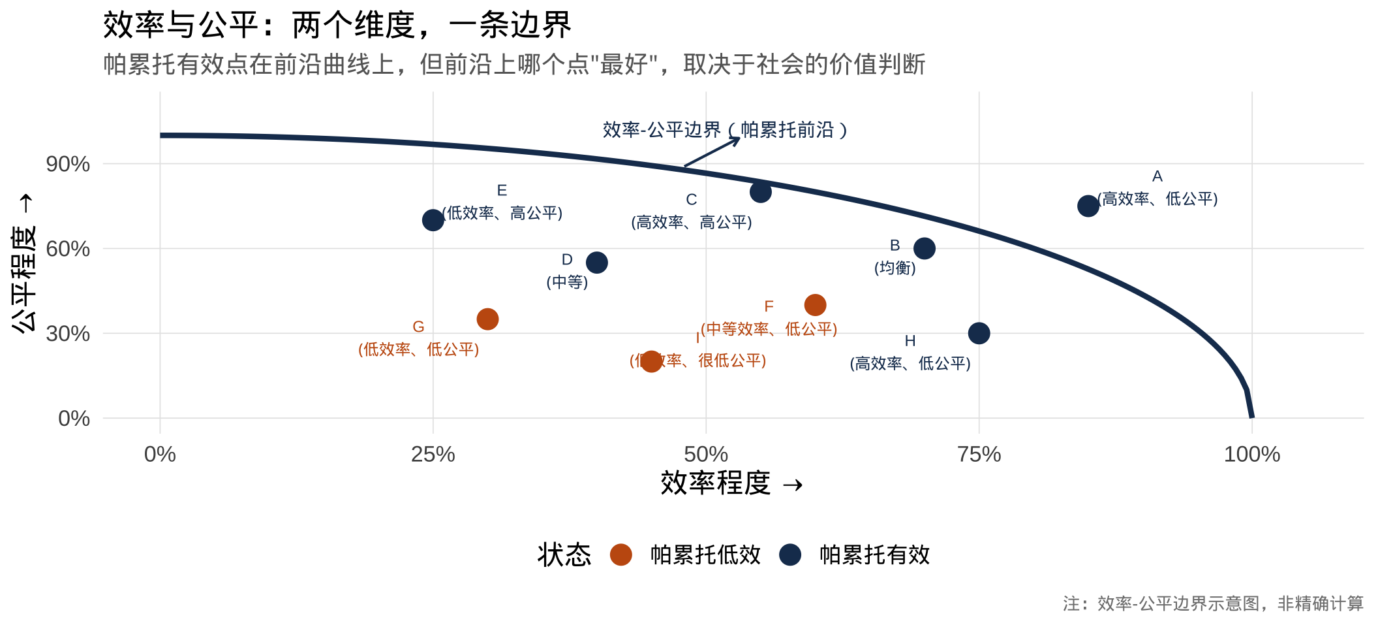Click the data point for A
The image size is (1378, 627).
(1088, 206)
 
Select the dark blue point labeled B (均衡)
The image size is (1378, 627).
(924, 248)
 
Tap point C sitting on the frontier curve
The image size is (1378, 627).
(760, 192)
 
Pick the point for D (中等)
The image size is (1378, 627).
(596, 263)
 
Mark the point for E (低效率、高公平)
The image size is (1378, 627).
(433, 220)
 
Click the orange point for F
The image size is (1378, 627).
(815, 305)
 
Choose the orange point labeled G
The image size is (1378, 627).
(487, 319)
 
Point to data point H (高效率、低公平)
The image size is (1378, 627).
(979, 333)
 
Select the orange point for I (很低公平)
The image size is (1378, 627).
(651, 361)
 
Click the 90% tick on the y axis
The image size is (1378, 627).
(68, 164)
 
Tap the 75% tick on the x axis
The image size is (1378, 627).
(979, 455)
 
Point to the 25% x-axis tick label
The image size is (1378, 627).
(433, 455)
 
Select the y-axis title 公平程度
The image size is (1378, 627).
(24, 263)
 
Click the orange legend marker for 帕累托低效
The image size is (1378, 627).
(620, 555)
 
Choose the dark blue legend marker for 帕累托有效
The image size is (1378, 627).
(790, 555)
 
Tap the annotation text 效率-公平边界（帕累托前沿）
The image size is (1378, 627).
(724, 130)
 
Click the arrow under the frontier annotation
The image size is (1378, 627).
(711, 152)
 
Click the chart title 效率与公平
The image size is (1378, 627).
(337, 26)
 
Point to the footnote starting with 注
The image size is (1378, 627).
(1212, 603)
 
